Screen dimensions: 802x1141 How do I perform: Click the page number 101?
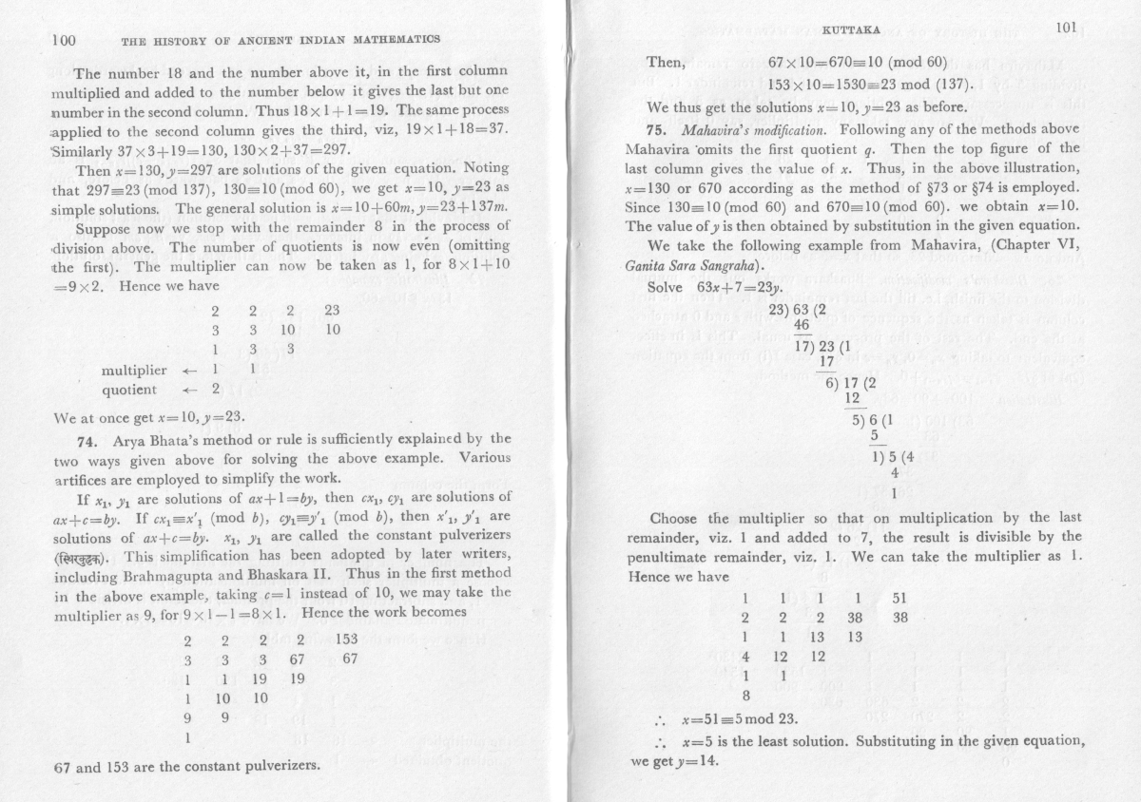click(1065, 28)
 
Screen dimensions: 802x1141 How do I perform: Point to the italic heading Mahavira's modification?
click(743, 128)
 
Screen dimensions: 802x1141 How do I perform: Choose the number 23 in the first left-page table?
click(332, 310)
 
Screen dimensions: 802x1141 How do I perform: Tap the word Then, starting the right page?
click(666, 63)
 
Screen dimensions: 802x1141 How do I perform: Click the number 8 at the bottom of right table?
click(745, 696)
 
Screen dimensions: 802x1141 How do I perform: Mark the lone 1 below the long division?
click(894, 492)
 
